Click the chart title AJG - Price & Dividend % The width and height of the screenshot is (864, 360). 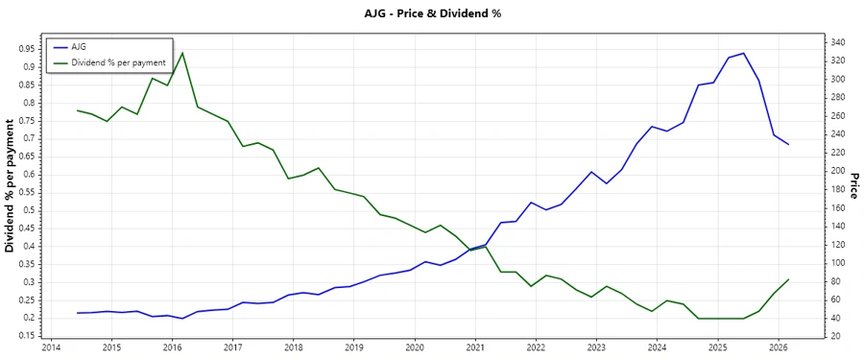tap(431, 13)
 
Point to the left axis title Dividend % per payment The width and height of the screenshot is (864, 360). tap(11, 185)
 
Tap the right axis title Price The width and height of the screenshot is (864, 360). tap(853, 185)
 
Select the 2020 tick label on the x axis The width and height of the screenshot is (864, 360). tap(415, 348)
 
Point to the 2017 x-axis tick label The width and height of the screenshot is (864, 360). tap(232, 348)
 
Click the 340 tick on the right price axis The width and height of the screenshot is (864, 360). tap(837, 43)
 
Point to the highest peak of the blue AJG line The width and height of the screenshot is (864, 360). tap(743, 54)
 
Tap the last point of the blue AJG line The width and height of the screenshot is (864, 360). tap(788, 144)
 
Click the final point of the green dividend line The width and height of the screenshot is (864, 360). tap(788, 279)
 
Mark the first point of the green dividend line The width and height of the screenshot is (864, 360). tap(78, 110)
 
